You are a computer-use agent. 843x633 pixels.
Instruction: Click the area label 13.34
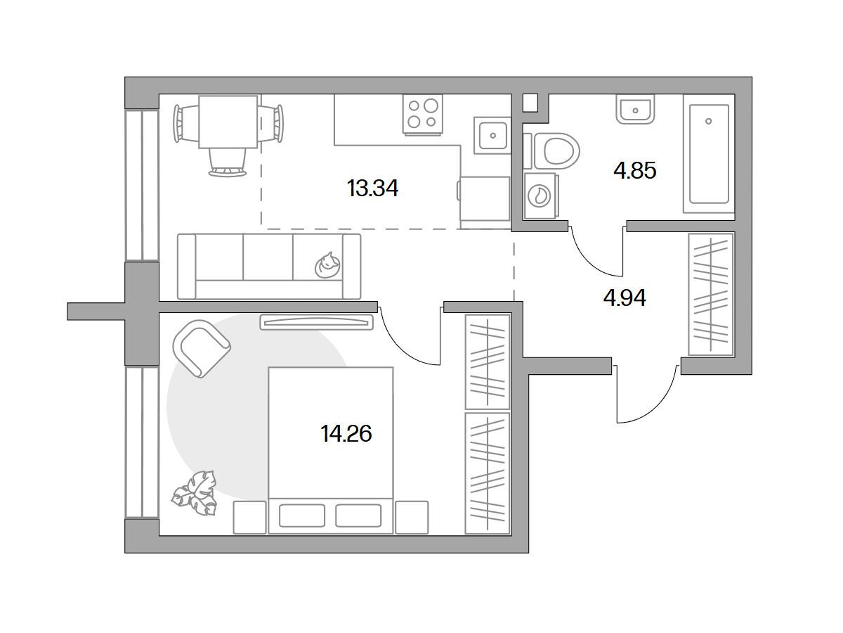[x=372, y=188]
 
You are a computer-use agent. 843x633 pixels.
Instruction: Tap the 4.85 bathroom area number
[x=634, y=171]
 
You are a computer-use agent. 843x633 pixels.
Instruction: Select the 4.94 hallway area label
[x=625, y=298]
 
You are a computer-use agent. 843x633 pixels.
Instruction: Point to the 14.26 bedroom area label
[x=346, y=434]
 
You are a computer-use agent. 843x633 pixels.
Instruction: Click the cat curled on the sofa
[x=327, y=265]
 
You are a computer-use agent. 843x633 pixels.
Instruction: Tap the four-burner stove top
[x=422, y=114]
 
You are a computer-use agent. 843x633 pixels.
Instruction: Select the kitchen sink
[x=492, y=135]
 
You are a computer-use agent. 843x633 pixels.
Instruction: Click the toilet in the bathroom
[x=551, y=151]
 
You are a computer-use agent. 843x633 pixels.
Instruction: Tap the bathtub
[x=709, y=153]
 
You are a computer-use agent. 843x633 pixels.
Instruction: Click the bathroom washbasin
[x=635, y=109]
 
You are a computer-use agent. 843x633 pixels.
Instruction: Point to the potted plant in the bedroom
[x=195, y=493]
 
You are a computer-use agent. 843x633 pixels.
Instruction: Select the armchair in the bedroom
[x=201, y=349]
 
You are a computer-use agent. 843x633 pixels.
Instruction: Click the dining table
[x=228, y=122]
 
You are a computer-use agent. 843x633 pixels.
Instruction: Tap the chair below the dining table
[x=228, y=162]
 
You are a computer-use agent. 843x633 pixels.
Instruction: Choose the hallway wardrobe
[x=710, y=294]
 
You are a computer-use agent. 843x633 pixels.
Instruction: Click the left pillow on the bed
[x=302, y=516]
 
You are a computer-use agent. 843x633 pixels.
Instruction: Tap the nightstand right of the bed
[x=412, y=518]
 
